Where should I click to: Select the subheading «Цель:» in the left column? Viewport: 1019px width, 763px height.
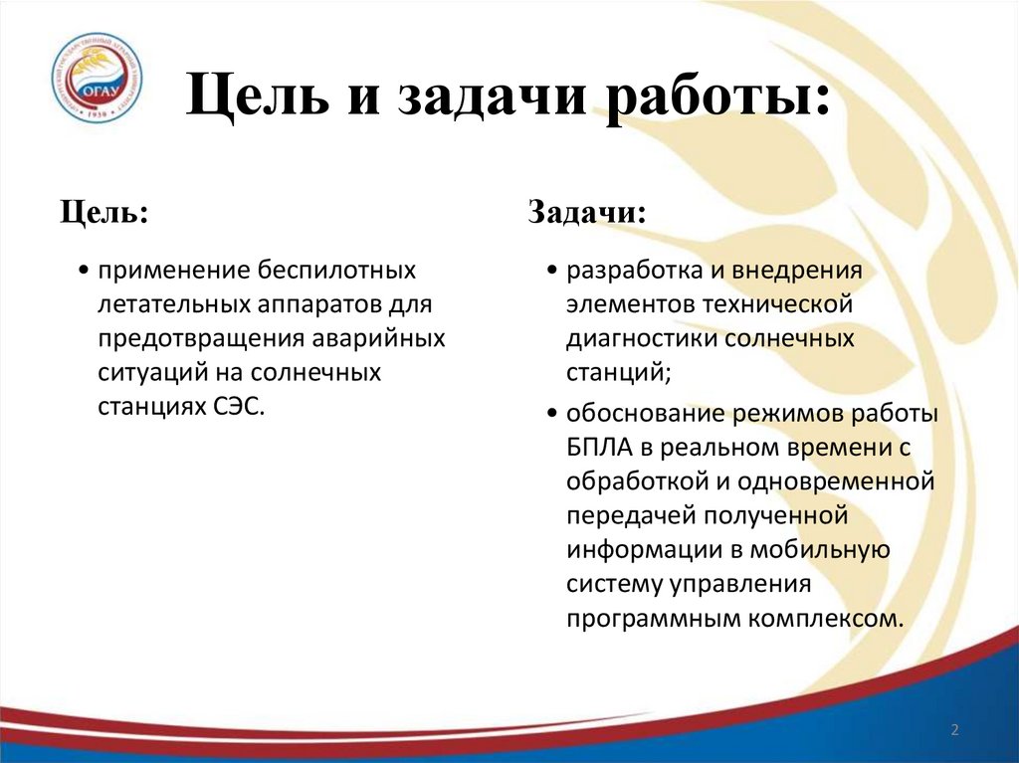(103, 212)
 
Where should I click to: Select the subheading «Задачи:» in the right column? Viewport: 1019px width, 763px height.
(586, 212)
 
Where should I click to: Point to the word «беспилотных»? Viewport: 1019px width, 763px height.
(337, 270)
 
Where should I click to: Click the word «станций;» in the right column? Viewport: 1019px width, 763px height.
(613, 374)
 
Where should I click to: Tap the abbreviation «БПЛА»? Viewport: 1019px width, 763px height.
(598, 449)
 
